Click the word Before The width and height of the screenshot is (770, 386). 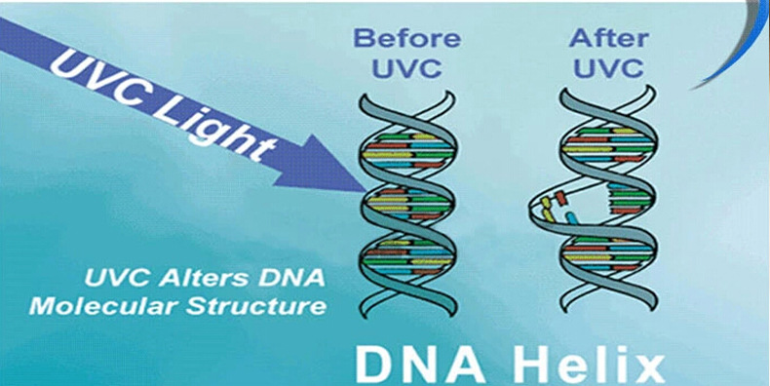pyautogui.click(x=407, y=38)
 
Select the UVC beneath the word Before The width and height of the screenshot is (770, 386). pyautogui.click(x=406, y=69)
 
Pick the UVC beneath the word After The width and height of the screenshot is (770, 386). pyautogui.click(x=608, y=69)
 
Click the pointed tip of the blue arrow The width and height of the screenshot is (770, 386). pyautogui.click(x=364, y=190)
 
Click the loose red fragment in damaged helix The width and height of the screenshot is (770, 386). pyautogui.click(x=560, y=198)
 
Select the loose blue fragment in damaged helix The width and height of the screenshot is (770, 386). pyautogui.click(x=572, y=218)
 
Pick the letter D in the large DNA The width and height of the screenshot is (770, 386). pyautogui.click(x=374, y=366)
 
